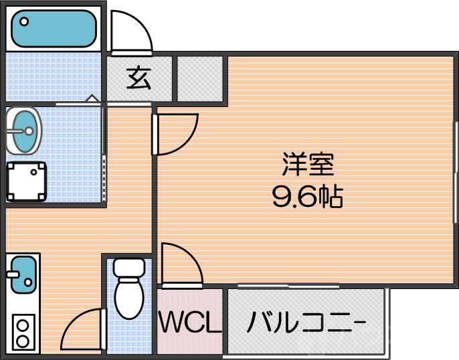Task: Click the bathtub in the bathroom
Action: [x=54, y=28]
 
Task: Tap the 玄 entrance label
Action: [x=139, y=78]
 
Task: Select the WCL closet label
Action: [x=189, y=323]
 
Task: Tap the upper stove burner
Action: [x=22, y=327]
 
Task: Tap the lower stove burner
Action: [x=22, y=341]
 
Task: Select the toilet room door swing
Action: [x=84, y=329]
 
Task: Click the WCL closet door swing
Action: [x=181, y=265]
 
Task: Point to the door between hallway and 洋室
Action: [x=175, y=134]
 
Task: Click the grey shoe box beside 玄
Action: [x=199, y=78]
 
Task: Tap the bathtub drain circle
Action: [x=25, y=21]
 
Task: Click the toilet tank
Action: [x=128, y=267]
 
